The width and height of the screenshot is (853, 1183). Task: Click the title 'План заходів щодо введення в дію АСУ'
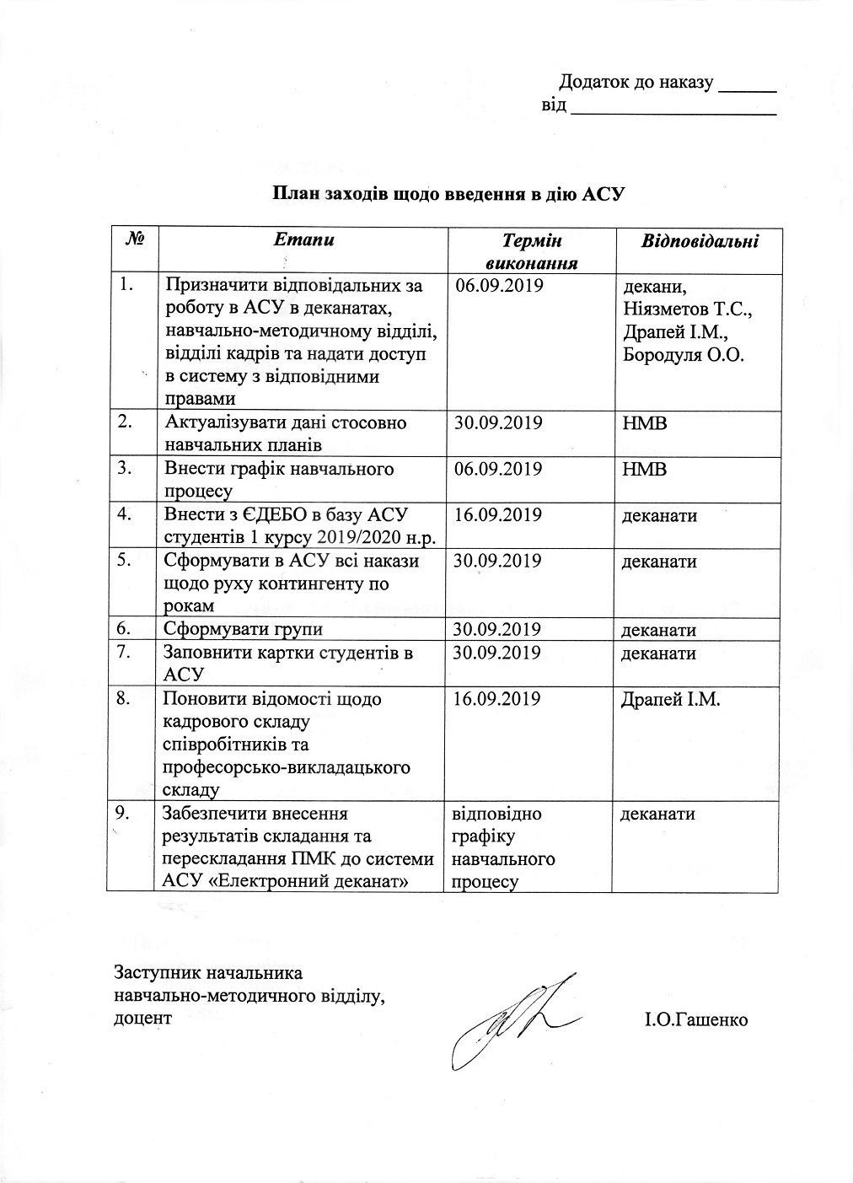[446, 194]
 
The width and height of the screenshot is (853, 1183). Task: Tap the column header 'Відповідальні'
[700, 241]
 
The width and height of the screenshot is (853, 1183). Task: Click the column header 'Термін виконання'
[531, 251]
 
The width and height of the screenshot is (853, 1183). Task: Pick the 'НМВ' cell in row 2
[645, 422]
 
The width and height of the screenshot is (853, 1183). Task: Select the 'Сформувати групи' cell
[244, 629]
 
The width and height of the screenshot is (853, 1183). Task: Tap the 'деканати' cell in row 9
[658, 814]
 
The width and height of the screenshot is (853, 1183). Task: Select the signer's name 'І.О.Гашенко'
[696, 1019]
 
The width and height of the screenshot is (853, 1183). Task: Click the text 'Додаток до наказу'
[637, 83]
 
